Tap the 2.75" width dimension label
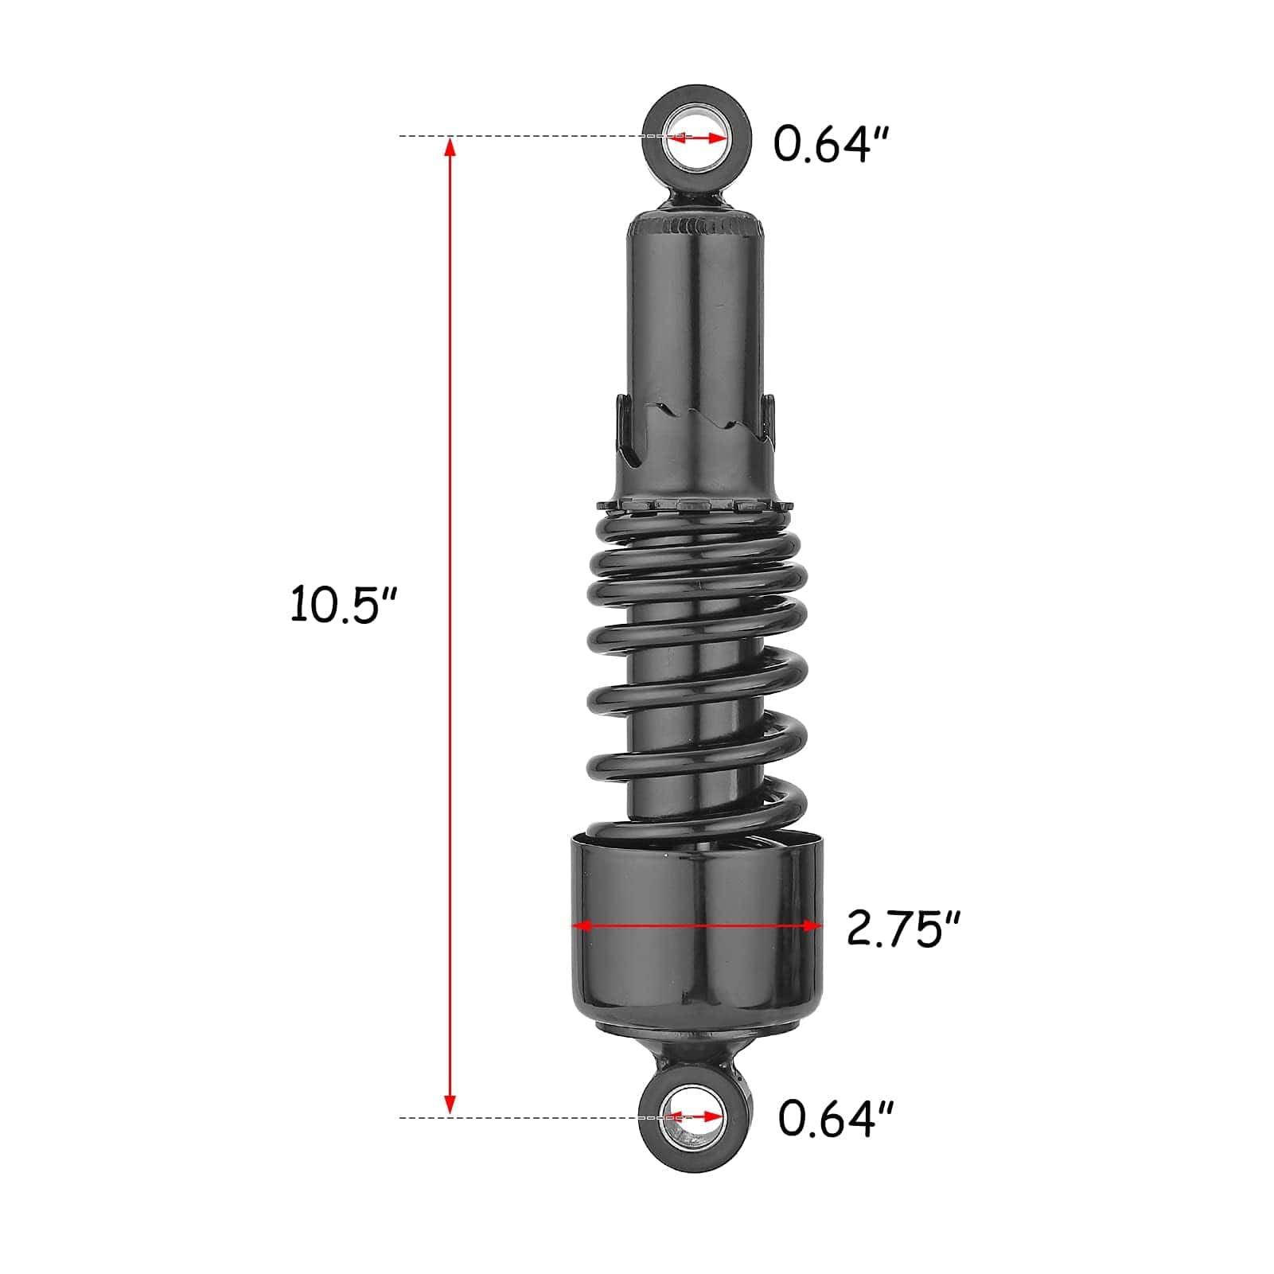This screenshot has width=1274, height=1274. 904,928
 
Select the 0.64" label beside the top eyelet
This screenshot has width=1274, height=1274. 832,144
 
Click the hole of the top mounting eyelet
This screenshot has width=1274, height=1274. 696,137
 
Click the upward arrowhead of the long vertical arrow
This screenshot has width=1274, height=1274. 450,146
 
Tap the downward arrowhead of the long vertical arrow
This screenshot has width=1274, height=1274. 450,1104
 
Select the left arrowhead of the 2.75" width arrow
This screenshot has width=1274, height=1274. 582,925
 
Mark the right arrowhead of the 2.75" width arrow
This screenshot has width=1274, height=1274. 811,925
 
